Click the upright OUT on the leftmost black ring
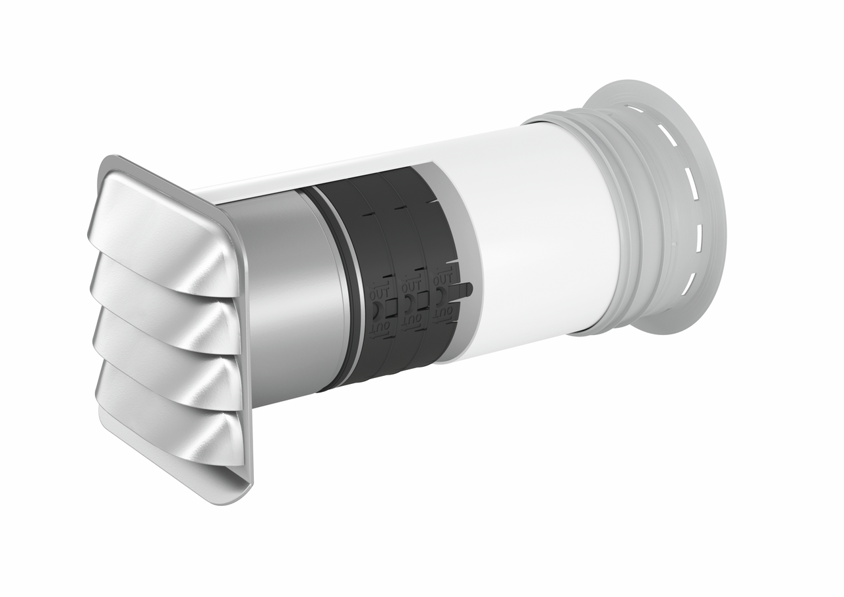(x=380, y=290)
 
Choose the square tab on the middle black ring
(x=423, y=301)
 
